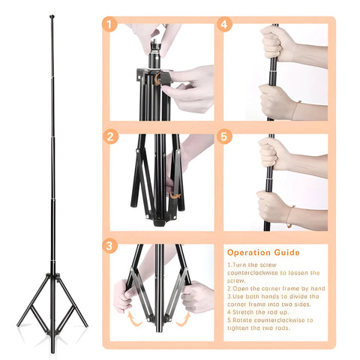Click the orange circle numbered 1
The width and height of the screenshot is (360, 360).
[x=109, y=25]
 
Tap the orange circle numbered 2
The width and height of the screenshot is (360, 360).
[x=110, y=136]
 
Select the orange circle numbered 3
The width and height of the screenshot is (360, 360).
[x=109, y=245]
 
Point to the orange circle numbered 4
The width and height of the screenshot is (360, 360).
[x=224, y=24]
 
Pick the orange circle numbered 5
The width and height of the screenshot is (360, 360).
[x=224, y=136]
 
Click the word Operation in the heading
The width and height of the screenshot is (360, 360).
[x=249, y=253]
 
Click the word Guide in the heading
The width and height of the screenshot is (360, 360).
[x=286, y=253]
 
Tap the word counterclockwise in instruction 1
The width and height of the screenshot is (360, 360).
[x=253, y=273]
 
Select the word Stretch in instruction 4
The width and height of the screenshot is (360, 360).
[x=241, y=312]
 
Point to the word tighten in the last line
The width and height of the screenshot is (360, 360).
[x=236, y=328]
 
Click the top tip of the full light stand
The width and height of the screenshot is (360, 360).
[x=52, y=16]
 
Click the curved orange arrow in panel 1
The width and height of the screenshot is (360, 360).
[x=157, y=79]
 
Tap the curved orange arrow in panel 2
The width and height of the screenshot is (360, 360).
[x=175, y=196]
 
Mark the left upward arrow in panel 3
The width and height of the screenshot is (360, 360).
[x=134, y=318]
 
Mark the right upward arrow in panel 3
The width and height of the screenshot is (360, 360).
[x=184, y=319]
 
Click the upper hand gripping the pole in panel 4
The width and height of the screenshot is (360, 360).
[x=276, y=44]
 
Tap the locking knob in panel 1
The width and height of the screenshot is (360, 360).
[x=166, y=78]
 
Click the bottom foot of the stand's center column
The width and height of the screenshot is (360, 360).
[x=52, y=349]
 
